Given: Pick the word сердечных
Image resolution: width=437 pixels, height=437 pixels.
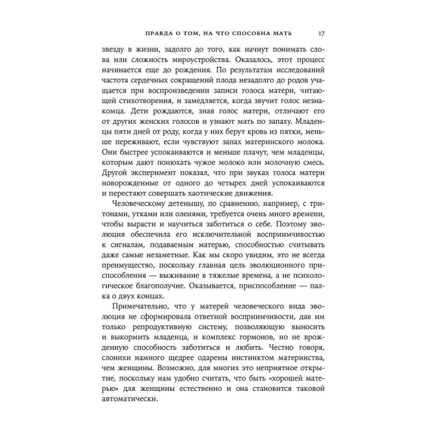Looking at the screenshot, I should [x=169, y=89].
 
